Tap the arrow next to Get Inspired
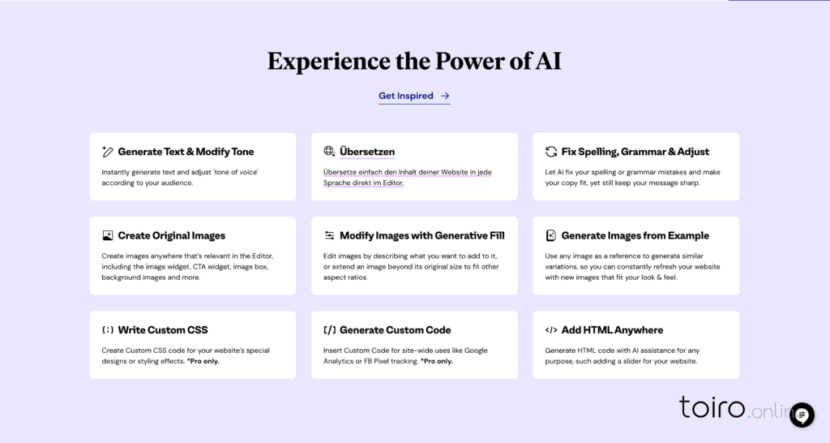(445, 96)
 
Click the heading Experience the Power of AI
(414, 61)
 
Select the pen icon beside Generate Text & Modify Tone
(108, 152)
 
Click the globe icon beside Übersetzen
(329, 151)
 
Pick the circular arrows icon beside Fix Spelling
(551, 152)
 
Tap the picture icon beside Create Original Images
(108, 235)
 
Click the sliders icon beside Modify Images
(329, 235)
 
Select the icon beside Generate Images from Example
(551, 235)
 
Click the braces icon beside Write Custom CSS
(108, 329)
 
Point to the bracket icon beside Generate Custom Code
(329, 329)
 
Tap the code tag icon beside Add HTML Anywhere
(551, 329)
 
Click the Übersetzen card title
(367, 152)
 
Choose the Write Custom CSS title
(163, 329)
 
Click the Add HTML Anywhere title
(612, 329)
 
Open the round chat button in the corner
(802, 415)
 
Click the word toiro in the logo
(712, 407)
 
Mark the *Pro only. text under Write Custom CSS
(203, 361)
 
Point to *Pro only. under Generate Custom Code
(437, 361)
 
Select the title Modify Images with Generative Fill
(421, 235)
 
